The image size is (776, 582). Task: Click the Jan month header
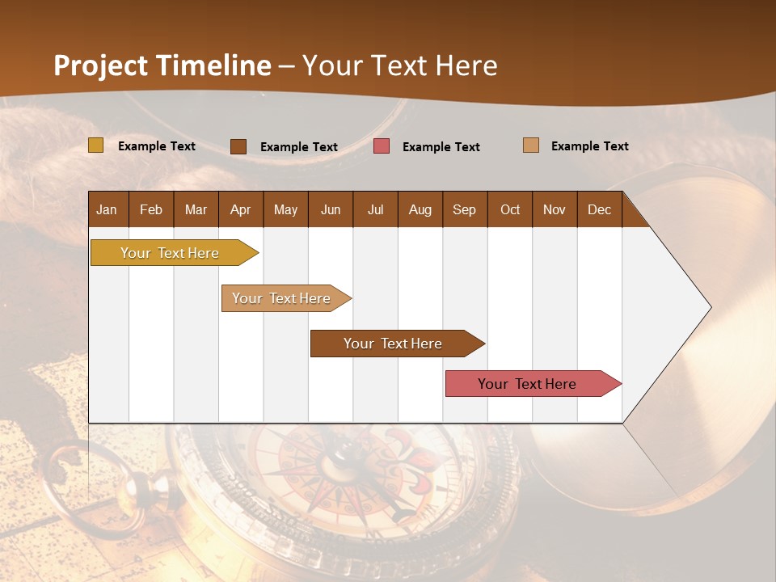pyautogui.click(x=108, y=209)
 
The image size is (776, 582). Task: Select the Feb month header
pyautogui.click(x=151, y=209)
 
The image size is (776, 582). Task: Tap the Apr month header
pyautogui.click(x=241, y=209)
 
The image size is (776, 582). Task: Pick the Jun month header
pyautogui.click(x=331, y=209)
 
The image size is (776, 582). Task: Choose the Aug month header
pyautogui.click(x=420, y=209)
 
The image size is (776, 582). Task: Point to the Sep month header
pyautogui.click(x=465, y=209)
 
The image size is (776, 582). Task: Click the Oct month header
pyautogui.click(x=510, y=209)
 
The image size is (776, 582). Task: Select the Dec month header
pyautogui.click(x=600, y=209)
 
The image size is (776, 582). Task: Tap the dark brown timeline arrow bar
pyautogui.click(x=394, y=344)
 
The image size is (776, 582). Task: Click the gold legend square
pyautogui.click(x=95, y=145)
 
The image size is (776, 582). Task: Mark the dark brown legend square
pyautogui.click(x=238, y=146)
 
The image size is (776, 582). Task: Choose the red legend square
pyautogui.click(x=382, y=146)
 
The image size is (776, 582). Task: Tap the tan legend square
pyautogui.click(x=531, y=145)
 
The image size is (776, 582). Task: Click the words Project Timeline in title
pyautogui.click(x=162, y=65)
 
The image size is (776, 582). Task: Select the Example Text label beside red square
pyautogui.click(x=441, y=147)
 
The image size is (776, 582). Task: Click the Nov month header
pyautogui.click(x=555, y=209)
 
